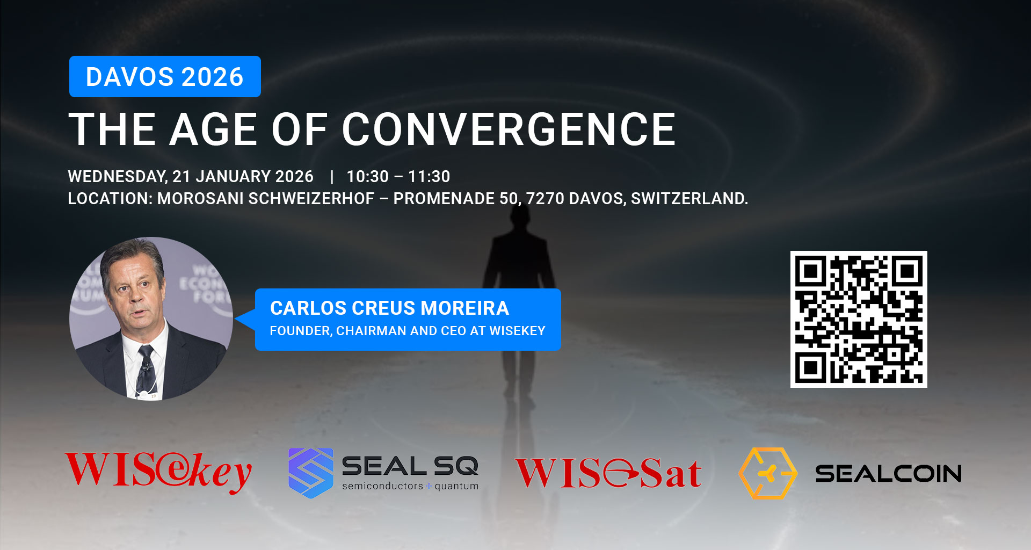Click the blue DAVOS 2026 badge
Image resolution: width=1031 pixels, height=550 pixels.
[x=165, y=76]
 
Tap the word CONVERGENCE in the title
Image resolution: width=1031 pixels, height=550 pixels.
[x=509, y=129]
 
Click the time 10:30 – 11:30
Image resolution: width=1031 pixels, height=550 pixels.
[x=398, y=176]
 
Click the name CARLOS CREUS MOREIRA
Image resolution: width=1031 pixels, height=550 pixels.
[x=389, y=308]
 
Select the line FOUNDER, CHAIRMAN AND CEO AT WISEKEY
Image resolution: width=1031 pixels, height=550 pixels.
[x=408, y=331]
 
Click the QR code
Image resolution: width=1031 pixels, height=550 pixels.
[x=859, y=319]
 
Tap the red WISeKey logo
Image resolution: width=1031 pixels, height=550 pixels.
[x=158, y=472]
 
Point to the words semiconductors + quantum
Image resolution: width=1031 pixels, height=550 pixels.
[x=410, y=486]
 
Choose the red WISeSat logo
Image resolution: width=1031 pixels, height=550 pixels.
[x=608, y=473]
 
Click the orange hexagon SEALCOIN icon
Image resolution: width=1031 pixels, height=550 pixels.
[x=768, y=473]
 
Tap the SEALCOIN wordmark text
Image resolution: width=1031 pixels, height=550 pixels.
[x=889, y=474]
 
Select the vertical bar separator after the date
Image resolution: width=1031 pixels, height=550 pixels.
[x=332, y=177]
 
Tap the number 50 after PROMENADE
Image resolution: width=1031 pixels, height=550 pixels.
[x=509, y=199]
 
